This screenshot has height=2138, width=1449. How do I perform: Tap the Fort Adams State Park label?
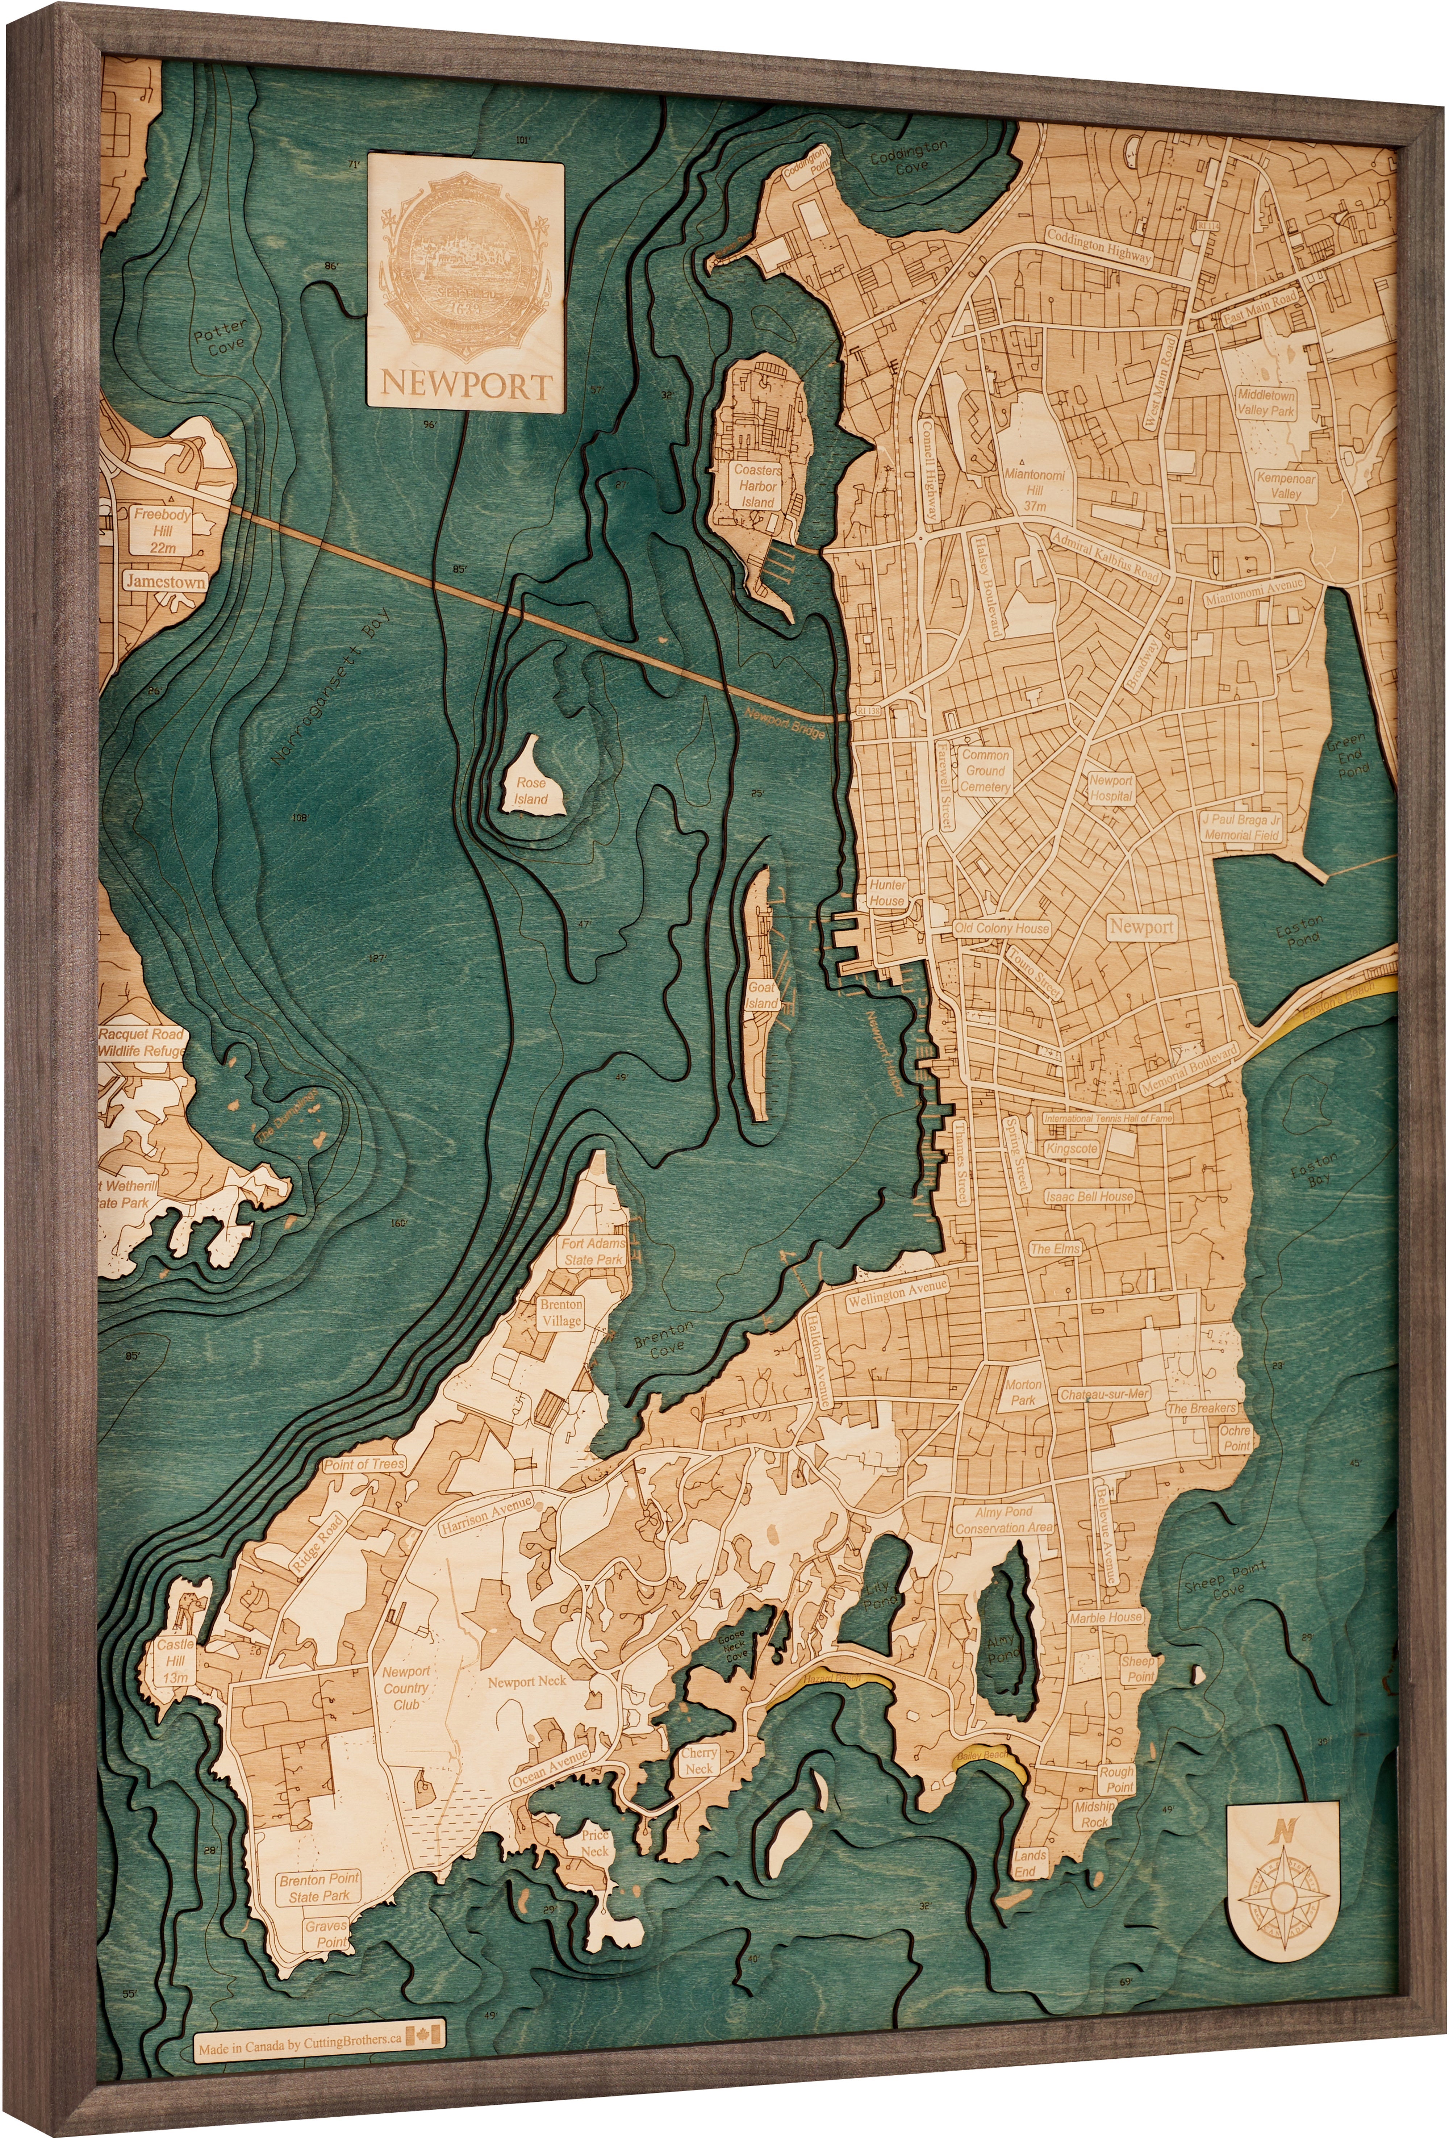[593, 1251]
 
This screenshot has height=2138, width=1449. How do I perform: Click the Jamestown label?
[166, 581]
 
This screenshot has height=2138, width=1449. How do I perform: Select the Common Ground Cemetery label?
[985, 771]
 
